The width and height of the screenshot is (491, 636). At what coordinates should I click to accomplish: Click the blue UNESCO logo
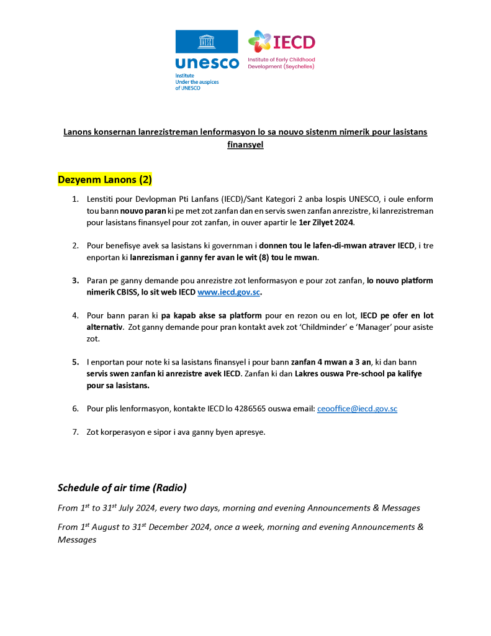coord(206,50)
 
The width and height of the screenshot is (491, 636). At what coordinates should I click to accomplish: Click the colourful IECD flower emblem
coord(259,42)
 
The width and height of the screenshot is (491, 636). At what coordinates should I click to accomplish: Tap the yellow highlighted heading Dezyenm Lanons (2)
coord(105,179)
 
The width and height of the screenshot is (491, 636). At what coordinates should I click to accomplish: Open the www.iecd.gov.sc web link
coord(228,292)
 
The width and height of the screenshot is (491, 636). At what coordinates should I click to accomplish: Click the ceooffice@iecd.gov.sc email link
coord(357,409)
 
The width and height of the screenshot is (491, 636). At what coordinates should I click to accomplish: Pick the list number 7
coord(75,432)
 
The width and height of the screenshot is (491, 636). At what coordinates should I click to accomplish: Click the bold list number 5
coord(75,361)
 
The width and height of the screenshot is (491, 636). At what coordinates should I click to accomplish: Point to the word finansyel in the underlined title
coord(246,144)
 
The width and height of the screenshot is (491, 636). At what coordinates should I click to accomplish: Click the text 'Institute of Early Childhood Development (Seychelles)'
coord(281,63)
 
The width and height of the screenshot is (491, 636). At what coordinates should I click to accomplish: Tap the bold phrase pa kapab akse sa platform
coord(211,316)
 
